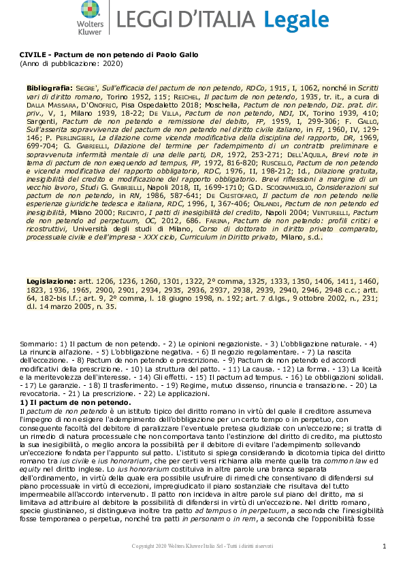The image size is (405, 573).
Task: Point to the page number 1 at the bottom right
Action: pyautogui.click(x=385, y=546)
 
